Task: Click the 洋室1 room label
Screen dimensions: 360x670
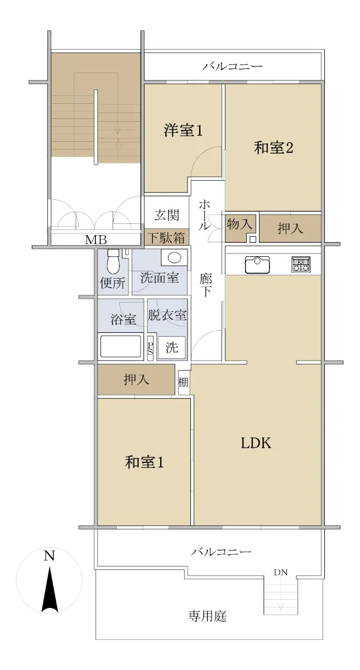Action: pyautogui.click(x=183, y=131)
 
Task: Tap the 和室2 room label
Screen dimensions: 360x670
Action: pyautogui.click(x=273, y=148)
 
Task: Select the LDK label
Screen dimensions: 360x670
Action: pyautogui.click(x=256, y=443)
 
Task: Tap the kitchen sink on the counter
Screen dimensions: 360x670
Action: pyautogui.click(x=258, y=265)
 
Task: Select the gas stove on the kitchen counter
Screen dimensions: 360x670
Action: pyautogui.click(x=301, y=265)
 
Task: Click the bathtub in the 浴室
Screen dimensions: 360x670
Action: pyautogui.click(x=121, y=346)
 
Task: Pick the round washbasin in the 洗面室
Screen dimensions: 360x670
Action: pyautogui.click(x=174, y=257)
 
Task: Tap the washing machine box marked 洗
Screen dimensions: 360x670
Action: pyautogui.click(x=172, y=347)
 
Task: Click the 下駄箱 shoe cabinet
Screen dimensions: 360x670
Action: pyautogui.click(x=167, y=237)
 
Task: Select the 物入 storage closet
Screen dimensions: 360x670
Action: pyautogui.click(x=241, y=228)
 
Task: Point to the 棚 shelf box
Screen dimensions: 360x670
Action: pyautogui.click(x=183, y=382)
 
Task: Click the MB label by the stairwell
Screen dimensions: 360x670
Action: pyautogui.click(x=96, y=240)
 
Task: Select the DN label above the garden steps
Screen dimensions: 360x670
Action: pyautogui.click(x=280, y=572)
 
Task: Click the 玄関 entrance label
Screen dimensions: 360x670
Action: pyautogui.click(x=167, y=215)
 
